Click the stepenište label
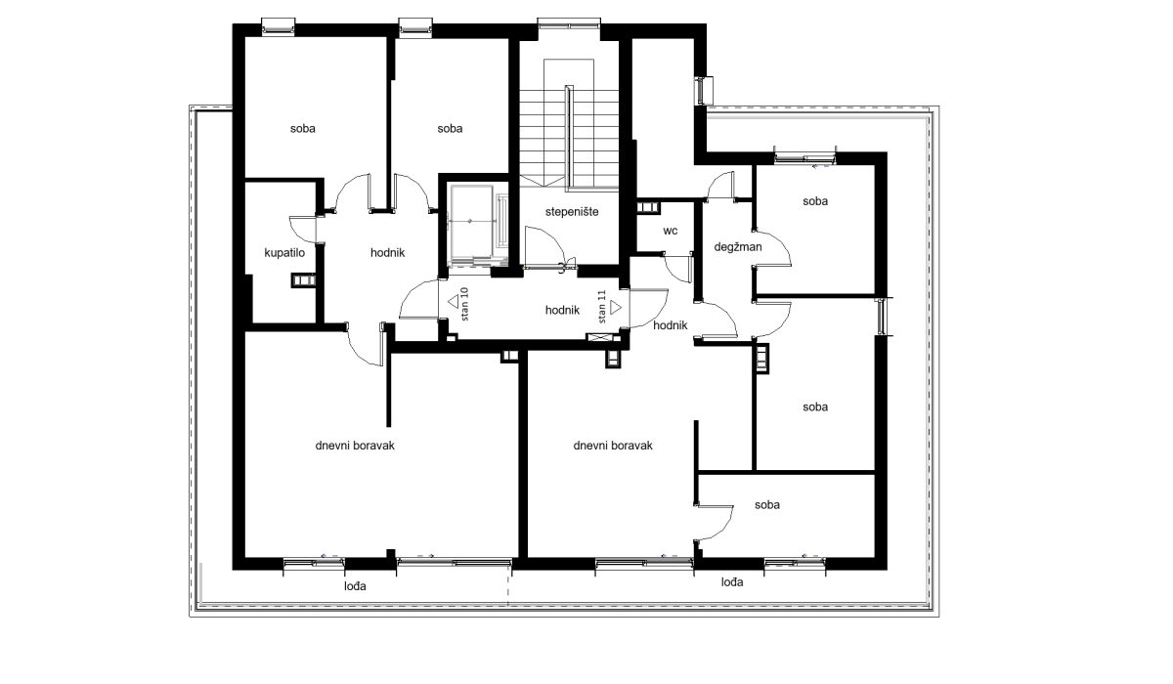(571, 212)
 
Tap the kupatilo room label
(284, 253)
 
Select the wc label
(670, 231)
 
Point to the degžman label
(738, 247)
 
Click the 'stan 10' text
(464, 304)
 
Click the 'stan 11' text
(602, 307)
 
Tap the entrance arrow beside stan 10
(453, 302)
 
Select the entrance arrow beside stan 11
(616, 308)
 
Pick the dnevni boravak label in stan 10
(355, 446)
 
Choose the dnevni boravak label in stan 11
(613, 446)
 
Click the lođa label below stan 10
(355, 586)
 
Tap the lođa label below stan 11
(731, 582)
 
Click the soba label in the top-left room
(303, 129)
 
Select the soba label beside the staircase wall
(450, 129)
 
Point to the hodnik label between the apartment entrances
(562, 311)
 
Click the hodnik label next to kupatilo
(387, 253)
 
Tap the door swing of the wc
(675, 270)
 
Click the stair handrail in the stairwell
(569, 137)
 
